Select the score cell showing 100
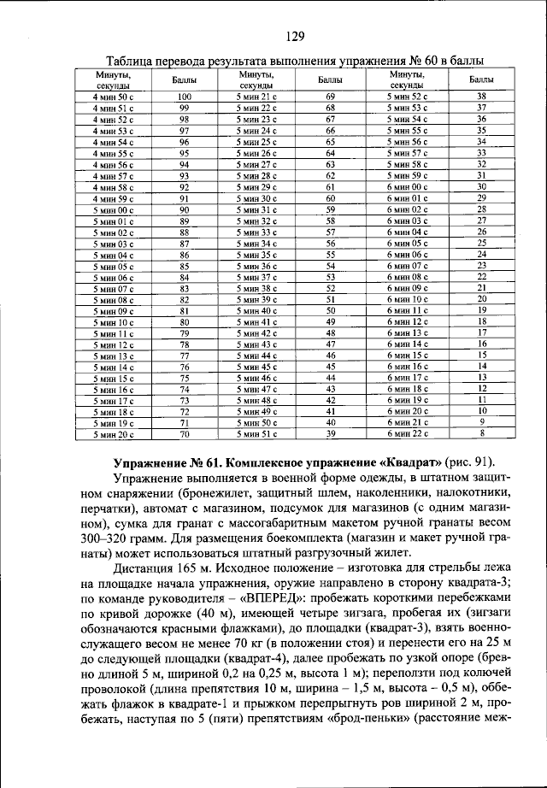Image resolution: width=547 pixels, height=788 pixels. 184,97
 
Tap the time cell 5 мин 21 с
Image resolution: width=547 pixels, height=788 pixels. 257,97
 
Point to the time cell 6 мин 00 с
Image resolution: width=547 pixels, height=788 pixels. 407,186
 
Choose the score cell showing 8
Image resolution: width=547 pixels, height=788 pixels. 482,433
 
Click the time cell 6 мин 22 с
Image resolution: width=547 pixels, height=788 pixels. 407,433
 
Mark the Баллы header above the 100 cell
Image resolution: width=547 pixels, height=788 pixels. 184,80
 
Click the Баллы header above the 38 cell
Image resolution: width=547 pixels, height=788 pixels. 482,80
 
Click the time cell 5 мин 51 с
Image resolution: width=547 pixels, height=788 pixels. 257,433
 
